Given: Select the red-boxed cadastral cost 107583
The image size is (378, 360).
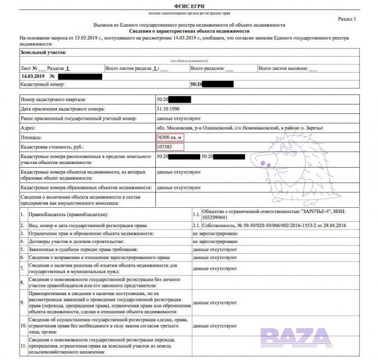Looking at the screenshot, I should [167, 146].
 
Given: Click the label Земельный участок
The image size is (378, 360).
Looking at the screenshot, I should [37, 52].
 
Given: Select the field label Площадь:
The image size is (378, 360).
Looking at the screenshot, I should [34, 137].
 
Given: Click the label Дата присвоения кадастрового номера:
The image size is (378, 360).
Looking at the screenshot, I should [63, 109].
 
